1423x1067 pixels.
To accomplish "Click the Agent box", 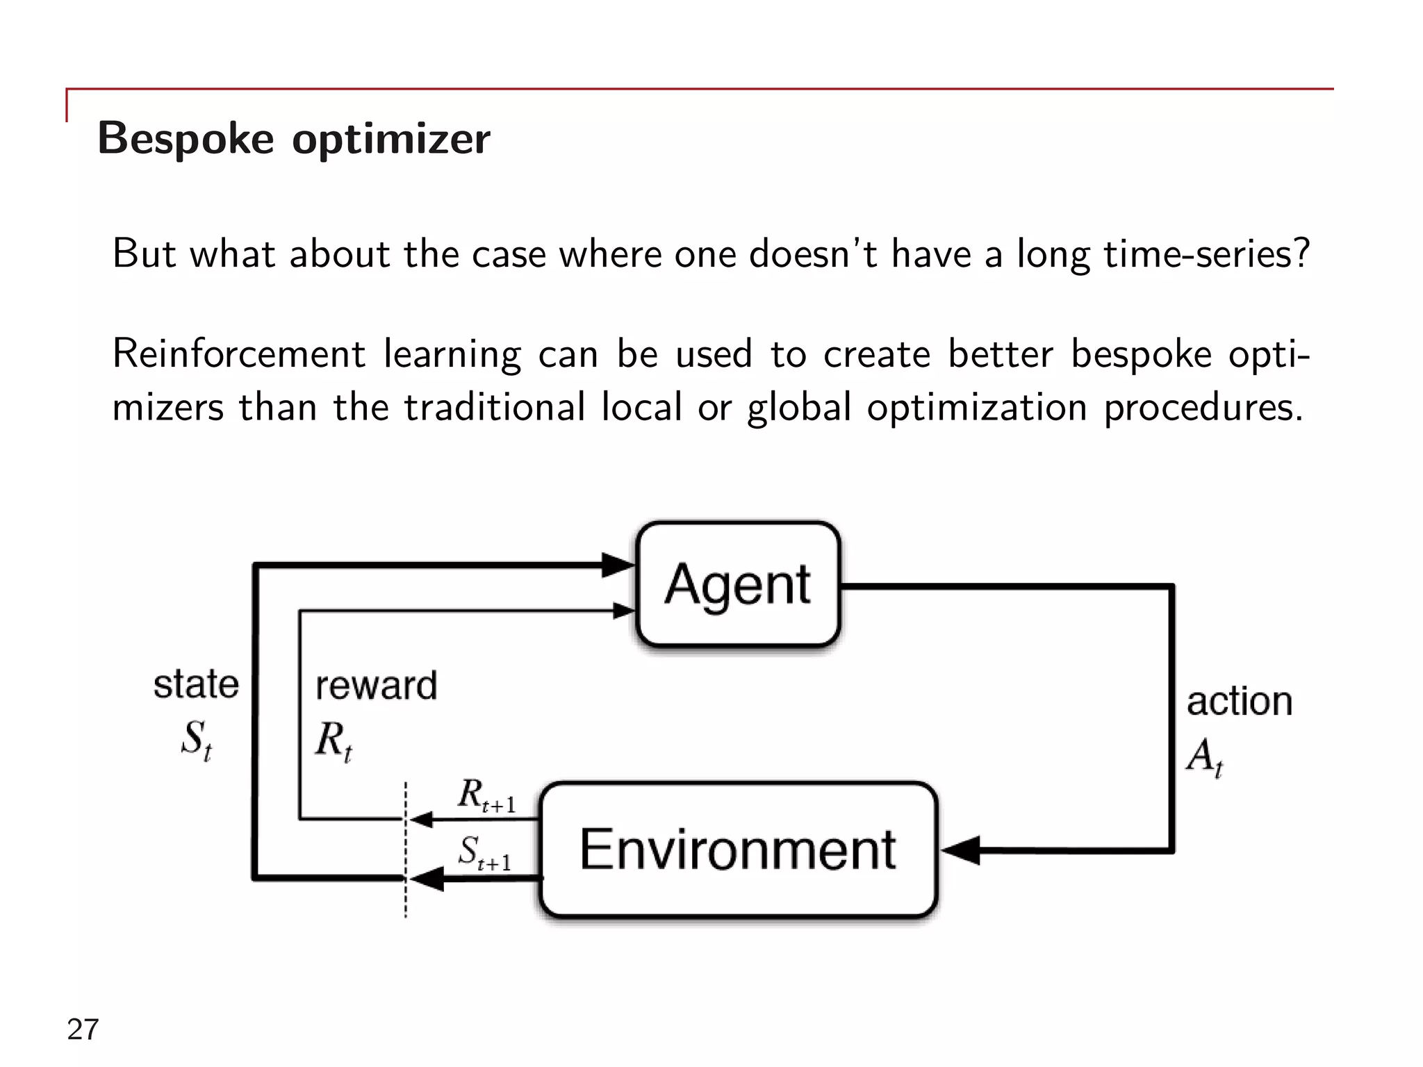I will click(x=738, y=585).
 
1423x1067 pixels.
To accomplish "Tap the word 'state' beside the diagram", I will click(x=196, y=684).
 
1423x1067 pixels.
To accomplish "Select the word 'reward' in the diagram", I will click(x=376, y=686).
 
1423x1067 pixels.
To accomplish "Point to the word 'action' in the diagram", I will click(x=1239, y=702).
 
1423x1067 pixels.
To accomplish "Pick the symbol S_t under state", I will click(x=196, y=739).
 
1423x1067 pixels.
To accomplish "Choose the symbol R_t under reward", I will click(x=334, y=741).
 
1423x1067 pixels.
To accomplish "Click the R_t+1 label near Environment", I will click(x=486, y=796).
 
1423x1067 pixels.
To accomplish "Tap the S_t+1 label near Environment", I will click(x=484, y=853).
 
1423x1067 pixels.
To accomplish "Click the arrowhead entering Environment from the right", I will click(x=962, y=850).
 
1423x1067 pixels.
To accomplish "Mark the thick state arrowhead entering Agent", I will click(x=617, y=565).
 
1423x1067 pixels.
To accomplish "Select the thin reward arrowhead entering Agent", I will click(x=623, y=611).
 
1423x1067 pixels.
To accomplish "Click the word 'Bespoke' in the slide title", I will click(x=186, y=138).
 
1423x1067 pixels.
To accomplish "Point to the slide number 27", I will click(x=83, y=1029).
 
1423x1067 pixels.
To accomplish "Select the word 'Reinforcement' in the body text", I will click(x=238, y=354).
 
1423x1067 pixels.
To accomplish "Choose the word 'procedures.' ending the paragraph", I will click(x=1203, y=408).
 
